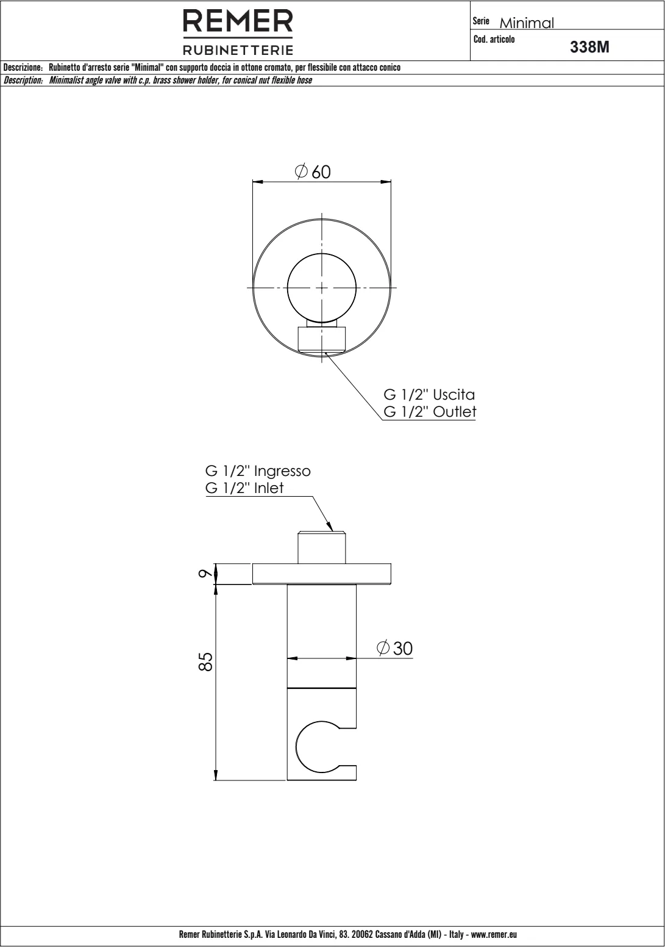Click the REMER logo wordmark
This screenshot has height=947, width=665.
(238, 21)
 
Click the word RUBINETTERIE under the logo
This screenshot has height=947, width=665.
(238, 50)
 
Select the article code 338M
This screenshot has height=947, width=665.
(589, 47)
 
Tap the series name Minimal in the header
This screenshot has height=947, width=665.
(527, 23)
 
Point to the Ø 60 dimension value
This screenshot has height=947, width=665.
(313, 171)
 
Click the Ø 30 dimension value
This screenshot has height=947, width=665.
(394, 649)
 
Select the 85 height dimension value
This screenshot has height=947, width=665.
(205, 661)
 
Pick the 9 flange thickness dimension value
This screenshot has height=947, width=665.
(205, 574)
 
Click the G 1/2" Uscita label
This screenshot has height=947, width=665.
(429, 395)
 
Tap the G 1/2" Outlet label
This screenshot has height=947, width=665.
(430, 412)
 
